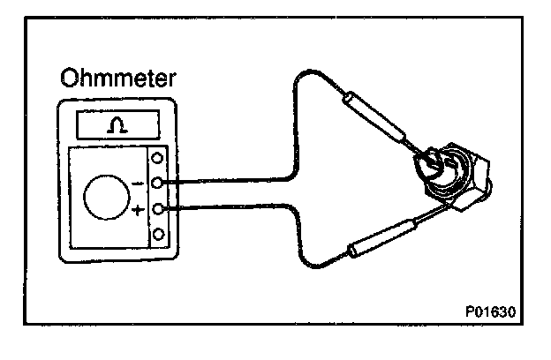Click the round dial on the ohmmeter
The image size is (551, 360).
(104, 196)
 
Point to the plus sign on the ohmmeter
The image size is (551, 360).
(138, 213)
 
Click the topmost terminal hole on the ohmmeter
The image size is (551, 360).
(158, 159)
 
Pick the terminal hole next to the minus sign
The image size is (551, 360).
(158, 184)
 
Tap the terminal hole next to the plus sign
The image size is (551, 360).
(158, 210)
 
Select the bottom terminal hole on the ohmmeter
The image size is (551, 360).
(158, 235)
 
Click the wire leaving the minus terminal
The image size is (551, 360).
(230, 184)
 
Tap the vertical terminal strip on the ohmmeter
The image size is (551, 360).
(158, 197)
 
